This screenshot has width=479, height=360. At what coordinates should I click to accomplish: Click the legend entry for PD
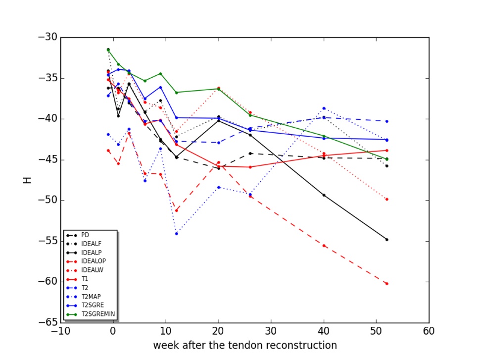[x=85, y=234]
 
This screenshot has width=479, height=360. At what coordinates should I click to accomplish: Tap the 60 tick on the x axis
[x=429, y=331]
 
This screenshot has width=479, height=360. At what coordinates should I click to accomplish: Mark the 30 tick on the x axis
[x=271, y=331]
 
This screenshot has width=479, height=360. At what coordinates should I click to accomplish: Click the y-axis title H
[x=28, y=180]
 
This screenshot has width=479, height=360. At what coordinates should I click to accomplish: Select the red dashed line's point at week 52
[x=386, y=284]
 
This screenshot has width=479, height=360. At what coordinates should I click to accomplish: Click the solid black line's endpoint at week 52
[x=386, y=240]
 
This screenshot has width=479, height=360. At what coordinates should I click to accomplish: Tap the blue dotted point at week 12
[x=176, y=234]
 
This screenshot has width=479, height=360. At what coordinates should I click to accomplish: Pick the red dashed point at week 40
[x=324, y=246]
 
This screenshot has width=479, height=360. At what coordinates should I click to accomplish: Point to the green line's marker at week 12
[x=176, y=93]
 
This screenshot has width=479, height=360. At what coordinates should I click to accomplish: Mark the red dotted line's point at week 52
[x=386, y=199]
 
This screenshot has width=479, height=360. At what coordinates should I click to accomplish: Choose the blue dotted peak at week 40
[x=324, y=108]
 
